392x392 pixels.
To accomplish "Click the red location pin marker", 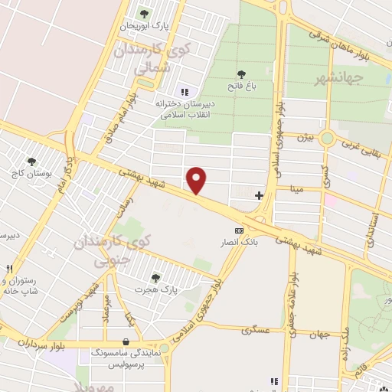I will tap(197, 180).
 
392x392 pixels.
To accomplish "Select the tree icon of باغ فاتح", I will tap(242, 74).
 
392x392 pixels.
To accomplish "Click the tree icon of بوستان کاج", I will tap(31, 162).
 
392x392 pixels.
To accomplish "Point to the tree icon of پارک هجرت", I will tap(156, 278).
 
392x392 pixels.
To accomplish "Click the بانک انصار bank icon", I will tap(240, 230).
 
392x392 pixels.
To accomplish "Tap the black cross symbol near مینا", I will tap(259, 195).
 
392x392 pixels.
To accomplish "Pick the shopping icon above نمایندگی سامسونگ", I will tap(126, 342).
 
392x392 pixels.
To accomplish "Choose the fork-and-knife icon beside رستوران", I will tap(9, 269).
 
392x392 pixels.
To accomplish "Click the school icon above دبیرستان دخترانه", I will tap(184, 92).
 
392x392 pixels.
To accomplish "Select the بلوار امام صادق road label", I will tap(122, 110).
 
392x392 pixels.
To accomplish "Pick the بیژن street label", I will tap(305, 138).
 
